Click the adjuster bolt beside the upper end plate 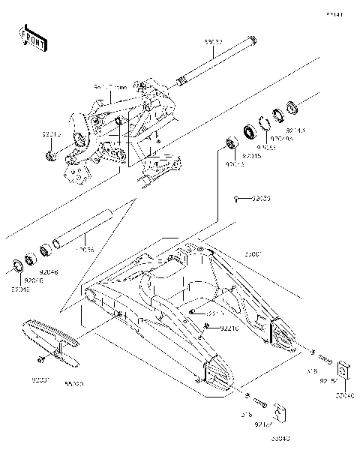(324, 357)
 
